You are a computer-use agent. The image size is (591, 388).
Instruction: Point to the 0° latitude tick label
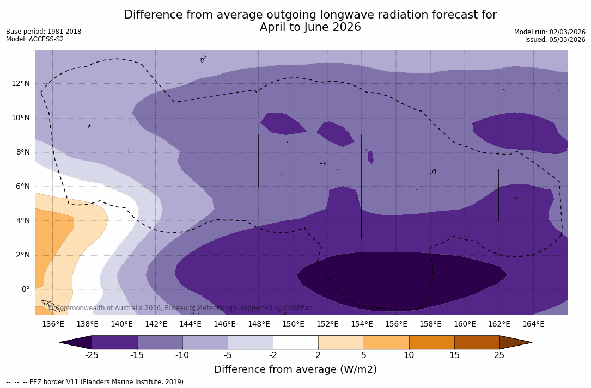(25, 289)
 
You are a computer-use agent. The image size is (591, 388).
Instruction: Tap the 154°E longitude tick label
(362, 324)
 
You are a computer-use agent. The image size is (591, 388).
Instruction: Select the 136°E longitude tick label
(53, 324)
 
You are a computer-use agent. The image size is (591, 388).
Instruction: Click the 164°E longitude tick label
(533, 324)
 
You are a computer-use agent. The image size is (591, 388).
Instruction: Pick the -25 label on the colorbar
(92, 355)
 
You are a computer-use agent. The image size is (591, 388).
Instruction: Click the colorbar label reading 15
(454, 355)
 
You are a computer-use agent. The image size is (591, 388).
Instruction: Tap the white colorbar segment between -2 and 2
(295, 342)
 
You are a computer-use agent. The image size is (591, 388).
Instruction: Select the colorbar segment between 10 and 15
(431, 342)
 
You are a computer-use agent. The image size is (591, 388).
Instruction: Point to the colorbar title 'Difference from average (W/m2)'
(295, 369)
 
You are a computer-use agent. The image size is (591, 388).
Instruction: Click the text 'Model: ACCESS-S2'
(35, 39)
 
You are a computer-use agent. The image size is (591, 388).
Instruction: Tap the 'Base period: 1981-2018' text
(44, 32)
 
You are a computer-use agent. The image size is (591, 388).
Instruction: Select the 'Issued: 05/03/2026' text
(555, 40)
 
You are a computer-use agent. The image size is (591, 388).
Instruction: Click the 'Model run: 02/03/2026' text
(550, 32)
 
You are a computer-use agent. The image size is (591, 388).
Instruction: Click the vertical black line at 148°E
(259, 161)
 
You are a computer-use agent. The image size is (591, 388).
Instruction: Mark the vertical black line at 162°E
(499, 195)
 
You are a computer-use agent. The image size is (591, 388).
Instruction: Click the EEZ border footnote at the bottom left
(96, 382)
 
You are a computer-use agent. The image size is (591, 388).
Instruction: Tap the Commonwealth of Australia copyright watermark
(180, 308)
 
